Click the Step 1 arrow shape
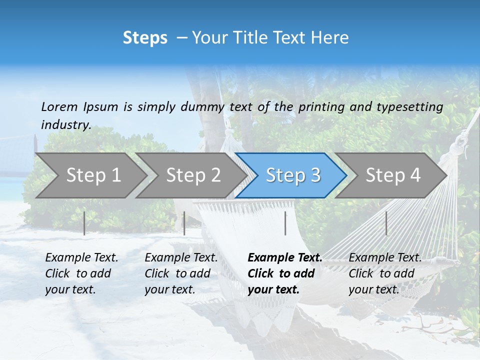point(93,175)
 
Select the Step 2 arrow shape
point(193,175)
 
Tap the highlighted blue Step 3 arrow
point(292,175)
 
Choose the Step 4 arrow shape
point(392,175)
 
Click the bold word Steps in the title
point(145,38)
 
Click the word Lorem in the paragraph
point(59,106)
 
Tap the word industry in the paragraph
point(65,124)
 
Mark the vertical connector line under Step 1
point(84,223)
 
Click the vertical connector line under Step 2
point(184,223)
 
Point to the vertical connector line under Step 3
point(285,223)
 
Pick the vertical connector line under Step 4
point(386,223)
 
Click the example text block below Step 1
point(81,273)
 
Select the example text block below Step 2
point(181,273)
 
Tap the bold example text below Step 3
point(284,273)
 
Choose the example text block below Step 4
point(385,273)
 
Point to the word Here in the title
point(331,38)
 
